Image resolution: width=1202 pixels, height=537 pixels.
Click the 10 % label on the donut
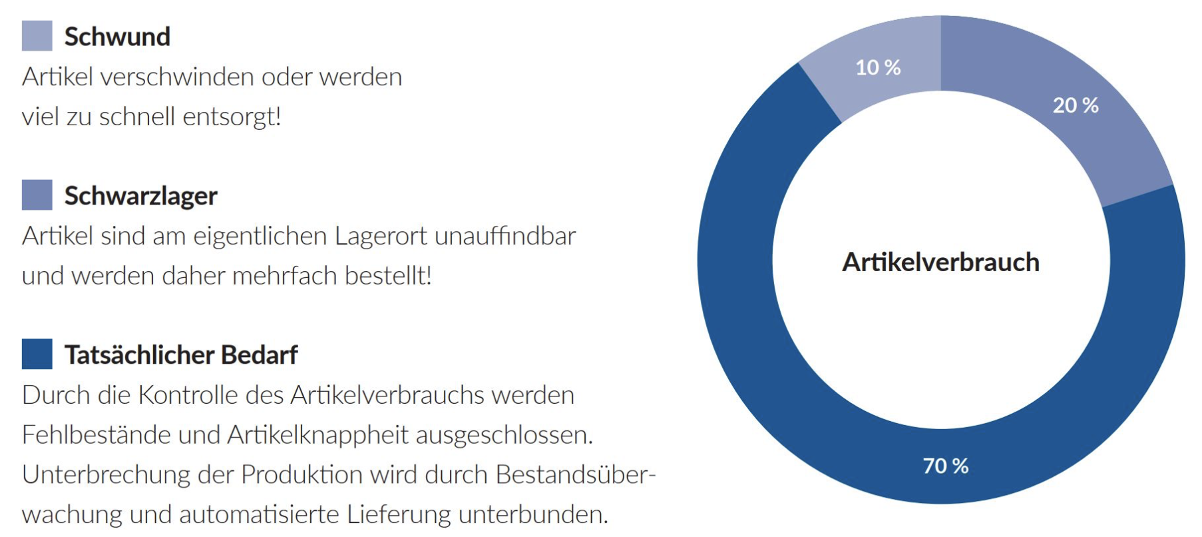click(x=878, y=67)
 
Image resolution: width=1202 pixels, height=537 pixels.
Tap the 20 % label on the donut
click(x=1075, y=105)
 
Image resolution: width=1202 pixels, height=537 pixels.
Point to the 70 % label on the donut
click(x=945, y=466)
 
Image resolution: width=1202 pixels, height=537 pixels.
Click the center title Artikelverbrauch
click(x=940, y=262)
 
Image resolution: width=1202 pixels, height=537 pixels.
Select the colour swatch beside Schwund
click(x=37, y=36)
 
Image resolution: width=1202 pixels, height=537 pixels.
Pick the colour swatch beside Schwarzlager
click(x=37, y=195)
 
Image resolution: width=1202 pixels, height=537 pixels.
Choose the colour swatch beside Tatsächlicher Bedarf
click(x=37, y=354)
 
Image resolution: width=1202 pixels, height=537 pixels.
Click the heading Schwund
click(x=117, y=37)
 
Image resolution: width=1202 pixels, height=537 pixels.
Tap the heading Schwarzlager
click(x=140, y=196)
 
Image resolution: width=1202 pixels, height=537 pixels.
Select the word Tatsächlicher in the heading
click(x=139, y=355)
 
